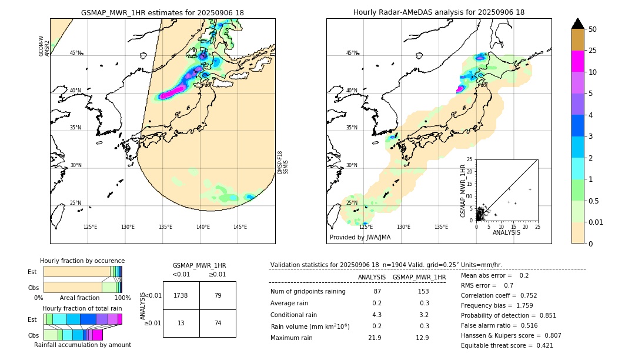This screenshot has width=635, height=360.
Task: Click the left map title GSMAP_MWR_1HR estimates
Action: click(x=162, y=12)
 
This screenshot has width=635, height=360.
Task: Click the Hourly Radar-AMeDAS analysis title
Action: click(x=439, y=12)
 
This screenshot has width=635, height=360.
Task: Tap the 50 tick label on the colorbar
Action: click(x=593, y=29)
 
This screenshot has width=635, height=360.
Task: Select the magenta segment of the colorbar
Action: click(x=578, y=61)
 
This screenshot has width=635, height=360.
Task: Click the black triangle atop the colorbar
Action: click(x=578, y=24)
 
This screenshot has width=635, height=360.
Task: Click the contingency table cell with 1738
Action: click(x=181, y=295)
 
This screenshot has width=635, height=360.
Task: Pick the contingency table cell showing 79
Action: click(x=218, y=295)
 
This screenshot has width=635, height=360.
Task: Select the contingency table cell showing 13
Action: click(x=181, y=323)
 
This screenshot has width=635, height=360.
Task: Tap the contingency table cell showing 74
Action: click(x=218, y=323)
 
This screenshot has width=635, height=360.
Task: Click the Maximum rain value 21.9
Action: click(x=375, y=338)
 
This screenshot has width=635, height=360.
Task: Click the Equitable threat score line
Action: click(x=507, y=345)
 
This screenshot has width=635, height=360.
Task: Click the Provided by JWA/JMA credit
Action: click(x=360, y=238)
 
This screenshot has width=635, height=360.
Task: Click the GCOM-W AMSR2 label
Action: click(x=44, y=46)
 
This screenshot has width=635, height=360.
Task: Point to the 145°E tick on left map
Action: click(x=240, y=227)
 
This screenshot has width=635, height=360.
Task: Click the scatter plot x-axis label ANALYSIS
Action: click(x=506, y=232)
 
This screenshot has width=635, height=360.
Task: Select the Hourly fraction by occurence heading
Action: click(x=82, y=261)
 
